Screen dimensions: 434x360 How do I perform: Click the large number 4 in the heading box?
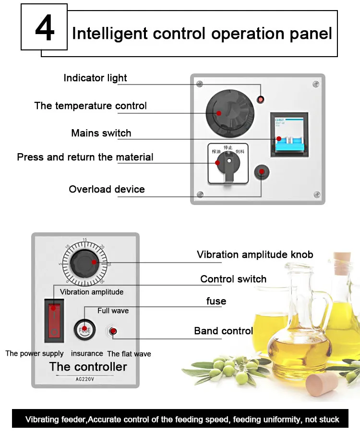(x=44, y=30)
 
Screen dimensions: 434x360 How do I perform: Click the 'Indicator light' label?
(x=95, y=78)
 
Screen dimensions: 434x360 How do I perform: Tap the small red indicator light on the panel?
(x=261, y=99)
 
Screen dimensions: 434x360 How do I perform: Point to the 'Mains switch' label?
(x=101, y=133)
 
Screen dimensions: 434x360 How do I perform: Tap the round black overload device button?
(x=262, y=171)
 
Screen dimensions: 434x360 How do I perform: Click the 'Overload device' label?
(x=107, y=189)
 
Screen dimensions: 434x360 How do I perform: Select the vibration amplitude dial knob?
(x=84, y=264)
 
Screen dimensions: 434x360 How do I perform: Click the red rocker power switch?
(x=54, y=319)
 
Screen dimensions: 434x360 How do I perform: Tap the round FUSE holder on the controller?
(x=84, y=330)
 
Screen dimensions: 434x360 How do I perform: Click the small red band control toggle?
(x=113, y=331)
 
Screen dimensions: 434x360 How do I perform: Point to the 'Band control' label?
(x=223, y=331)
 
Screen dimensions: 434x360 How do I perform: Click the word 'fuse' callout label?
(x=216, y=301)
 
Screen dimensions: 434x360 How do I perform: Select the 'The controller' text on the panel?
(x=88, y=367)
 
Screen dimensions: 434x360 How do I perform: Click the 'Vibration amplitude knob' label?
(x=255, y=254)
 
